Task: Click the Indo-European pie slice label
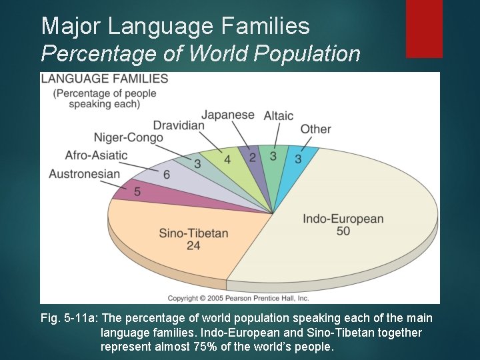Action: tap(343, 219)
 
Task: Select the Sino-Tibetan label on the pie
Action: tap(193, 233)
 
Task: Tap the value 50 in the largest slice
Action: tap(343, 231)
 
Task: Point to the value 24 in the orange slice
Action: tap(193, 246)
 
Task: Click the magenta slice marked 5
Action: tap(137, 192)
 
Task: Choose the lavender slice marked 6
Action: tap(166, 175)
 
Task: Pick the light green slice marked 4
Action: tap(227, 160)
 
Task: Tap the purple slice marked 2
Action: tap(252, 157)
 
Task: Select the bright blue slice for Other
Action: tap(297, 159)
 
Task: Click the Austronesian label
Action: tap(84, 174)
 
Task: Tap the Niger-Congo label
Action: tap(128, 138)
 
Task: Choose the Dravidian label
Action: tap(179, 125)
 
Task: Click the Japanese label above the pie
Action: tap(228, 115)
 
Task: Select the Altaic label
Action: tap(278, 115)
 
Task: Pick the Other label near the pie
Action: tap(315, 129)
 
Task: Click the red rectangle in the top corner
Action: tap(424, 28)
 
